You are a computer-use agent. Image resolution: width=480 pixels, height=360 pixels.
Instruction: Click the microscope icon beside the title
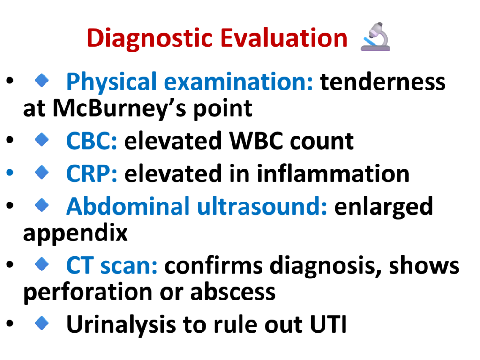(375, 37)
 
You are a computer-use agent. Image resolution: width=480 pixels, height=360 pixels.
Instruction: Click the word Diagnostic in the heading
(150, 38)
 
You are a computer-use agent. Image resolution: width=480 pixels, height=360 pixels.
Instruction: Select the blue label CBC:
(91, 141)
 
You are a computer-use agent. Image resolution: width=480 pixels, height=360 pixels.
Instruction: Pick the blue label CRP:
(91, 173)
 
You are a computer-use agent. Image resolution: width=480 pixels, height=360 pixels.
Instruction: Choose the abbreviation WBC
(256, 141)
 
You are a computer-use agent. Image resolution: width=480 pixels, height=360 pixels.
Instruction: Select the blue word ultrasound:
(262, 206)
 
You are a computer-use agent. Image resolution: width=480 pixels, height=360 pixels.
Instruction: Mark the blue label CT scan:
(112, 265)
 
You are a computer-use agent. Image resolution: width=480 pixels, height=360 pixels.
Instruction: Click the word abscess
(232, 292)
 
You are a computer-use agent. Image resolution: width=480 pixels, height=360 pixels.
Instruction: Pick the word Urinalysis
(121, 324)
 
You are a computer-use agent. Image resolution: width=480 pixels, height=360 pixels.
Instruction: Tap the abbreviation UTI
(328, 324)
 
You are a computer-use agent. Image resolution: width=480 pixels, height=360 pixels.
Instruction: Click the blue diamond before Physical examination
(42, 80)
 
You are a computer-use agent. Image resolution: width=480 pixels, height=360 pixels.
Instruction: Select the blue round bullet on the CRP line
(10, 172)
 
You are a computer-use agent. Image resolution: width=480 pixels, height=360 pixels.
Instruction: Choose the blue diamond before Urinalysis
(42, 323)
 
